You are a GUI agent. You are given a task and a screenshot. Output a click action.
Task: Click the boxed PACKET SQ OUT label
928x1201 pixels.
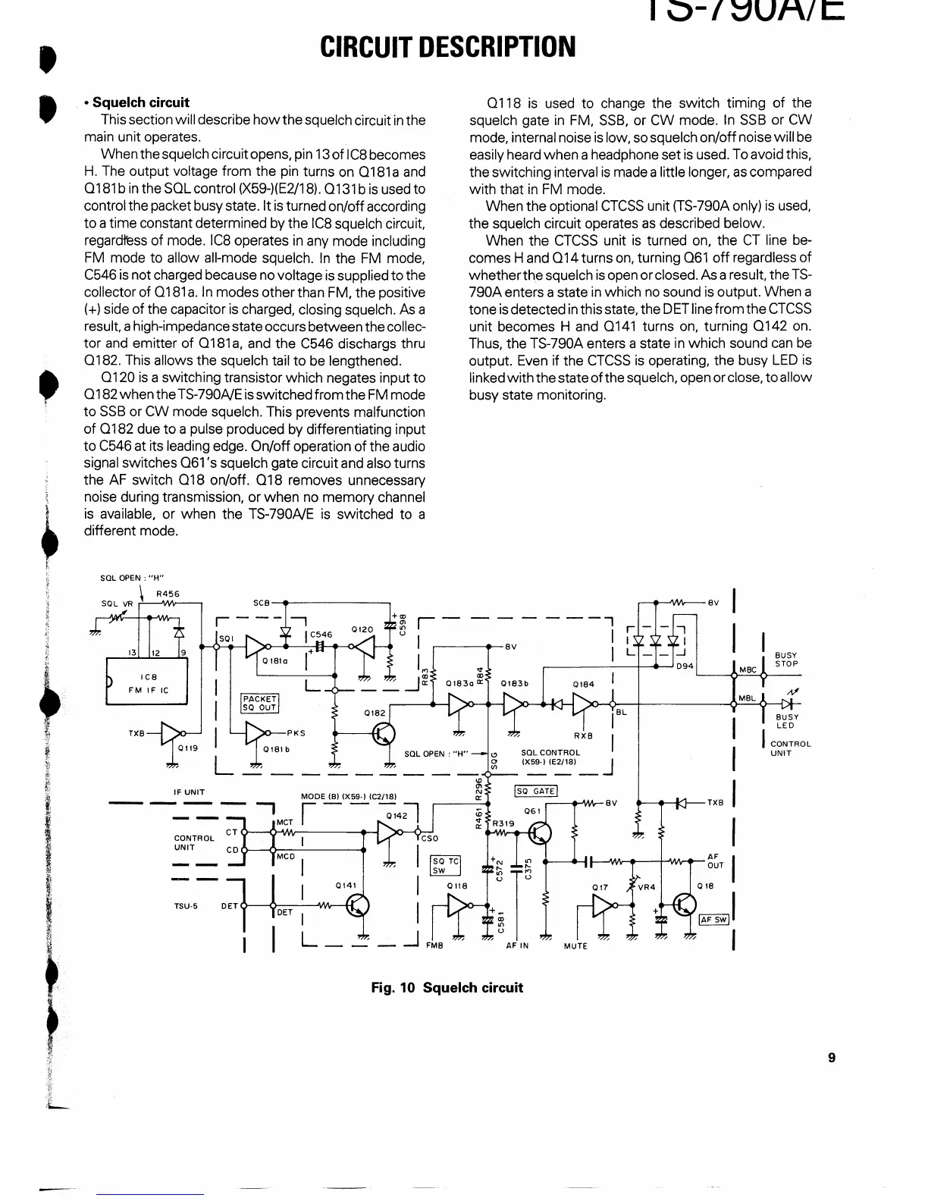pyautogui.click(x=260, y=703)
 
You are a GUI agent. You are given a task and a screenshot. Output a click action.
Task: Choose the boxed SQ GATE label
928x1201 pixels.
pyautogui.click(x=536, y=791)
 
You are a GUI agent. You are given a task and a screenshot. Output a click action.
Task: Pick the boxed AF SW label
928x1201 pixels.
pyautogui.click(x=713, y=920)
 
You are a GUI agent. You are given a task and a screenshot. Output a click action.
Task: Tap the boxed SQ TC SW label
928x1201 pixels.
pyautogui.click(x=445, y=866)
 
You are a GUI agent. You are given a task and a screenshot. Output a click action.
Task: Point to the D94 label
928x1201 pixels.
pyautogui.click(x=685, y=666)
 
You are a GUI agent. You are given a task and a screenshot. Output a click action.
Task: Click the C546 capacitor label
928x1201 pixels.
pyautogui.click(x=321, y=635)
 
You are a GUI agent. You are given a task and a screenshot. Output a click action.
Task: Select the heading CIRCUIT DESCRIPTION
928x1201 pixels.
pyautogui.click(x=447, y=47)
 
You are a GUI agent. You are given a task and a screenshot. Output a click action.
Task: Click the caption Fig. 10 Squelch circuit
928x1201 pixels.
pyautogui.click(x=447, y=987)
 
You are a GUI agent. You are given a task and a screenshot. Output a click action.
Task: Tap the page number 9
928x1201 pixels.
pyautogui.click(x=832, y=1058)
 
